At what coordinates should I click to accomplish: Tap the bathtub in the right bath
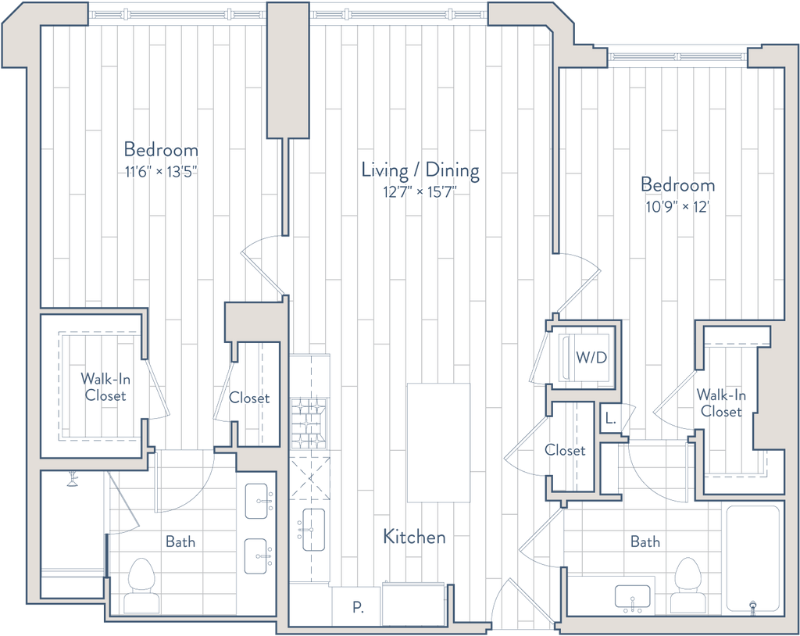(752, 559)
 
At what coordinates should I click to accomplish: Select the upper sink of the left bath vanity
(256, 497)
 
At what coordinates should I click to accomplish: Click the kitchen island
(439, 442)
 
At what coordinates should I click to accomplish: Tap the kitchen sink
(313, 531)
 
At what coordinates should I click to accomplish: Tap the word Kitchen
(414, 537)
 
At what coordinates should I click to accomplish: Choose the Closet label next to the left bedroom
(250, 398)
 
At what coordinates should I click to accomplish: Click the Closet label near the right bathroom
(565, 451)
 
